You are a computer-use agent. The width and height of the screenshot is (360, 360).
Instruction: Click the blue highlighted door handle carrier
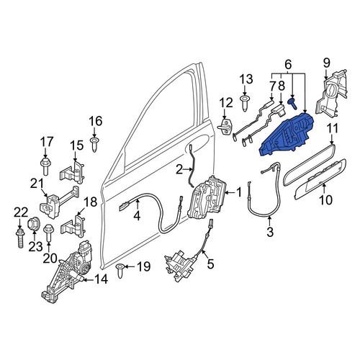coord(287,135)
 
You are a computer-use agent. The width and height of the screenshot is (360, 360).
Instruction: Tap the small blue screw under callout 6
coord(292,104)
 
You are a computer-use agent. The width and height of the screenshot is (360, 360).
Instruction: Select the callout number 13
coord(246,79)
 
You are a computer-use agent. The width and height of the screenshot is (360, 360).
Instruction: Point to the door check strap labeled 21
coord(59,202)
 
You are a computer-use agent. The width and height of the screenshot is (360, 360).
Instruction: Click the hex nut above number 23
coord(33,224)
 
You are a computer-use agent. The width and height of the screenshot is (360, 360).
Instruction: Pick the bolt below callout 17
coord(45,167)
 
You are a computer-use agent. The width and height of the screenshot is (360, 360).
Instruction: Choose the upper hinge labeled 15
coord(72,172)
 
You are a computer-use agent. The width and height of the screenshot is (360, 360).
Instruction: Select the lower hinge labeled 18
coord(73,226)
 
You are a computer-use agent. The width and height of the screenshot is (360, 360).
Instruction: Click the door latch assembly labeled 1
coord(207,197)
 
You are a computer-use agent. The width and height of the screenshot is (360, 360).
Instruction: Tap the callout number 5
coord(210,264)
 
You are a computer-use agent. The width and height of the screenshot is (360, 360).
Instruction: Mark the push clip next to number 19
coord(120,271)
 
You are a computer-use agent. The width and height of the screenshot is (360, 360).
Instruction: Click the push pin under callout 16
coord(94,145)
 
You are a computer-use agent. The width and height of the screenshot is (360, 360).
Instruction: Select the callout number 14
coord(102,279)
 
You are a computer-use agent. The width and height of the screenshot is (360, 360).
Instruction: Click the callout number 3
coord(270,232)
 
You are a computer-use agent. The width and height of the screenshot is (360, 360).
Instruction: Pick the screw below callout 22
coord(20,238)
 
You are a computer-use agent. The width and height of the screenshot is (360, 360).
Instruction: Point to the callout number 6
coord(288,65)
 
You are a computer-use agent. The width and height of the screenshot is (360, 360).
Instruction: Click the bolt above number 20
coord(48,233)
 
